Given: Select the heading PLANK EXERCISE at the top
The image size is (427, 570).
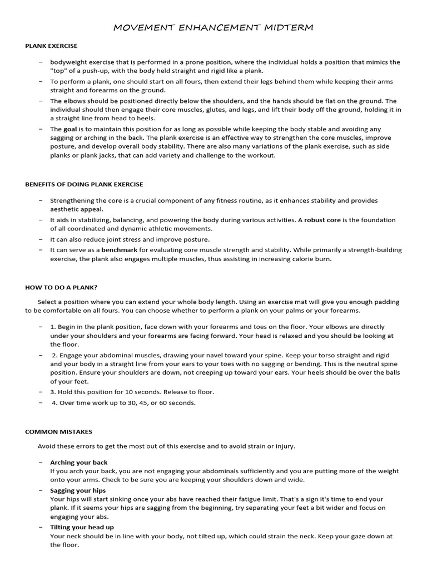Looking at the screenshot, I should tap(51, 46).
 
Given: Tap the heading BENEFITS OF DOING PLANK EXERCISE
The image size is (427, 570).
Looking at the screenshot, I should tap(84, 184).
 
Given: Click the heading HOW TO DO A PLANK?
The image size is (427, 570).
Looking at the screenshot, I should tap(61, 287).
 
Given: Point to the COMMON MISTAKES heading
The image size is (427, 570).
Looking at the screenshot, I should tap(59, 431).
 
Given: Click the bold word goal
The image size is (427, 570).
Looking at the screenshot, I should tap(70, 129).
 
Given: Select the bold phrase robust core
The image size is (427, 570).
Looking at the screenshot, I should tap(322, 220).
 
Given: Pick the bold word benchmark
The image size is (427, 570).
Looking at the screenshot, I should tap(119, 250).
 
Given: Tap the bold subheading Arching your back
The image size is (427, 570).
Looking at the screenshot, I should tap(79, 463).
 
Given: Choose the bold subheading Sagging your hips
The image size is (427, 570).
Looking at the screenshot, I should tap(78, 490).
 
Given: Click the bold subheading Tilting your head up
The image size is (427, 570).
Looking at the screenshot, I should tap(82, 527).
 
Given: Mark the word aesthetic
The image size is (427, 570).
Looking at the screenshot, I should tap(66, 209).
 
